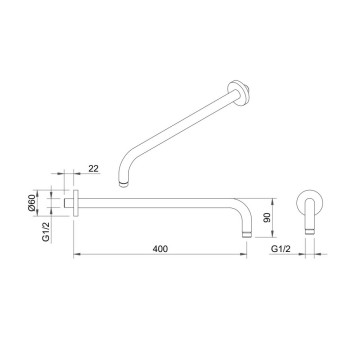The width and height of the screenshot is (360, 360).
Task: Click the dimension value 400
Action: pyautogui.click(x=160, y=249)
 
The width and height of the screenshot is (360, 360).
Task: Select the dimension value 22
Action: pyautogui.click(x=94, y=169)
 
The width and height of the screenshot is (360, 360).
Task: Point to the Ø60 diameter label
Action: pyautogui.click(x=32, y=203)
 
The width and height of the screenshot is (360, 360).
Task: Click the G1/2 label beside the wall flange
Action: pyautogui.click(x=46, y=232)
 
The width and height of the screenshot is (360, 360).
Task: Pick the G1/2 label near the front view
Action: pyautogui.click(x=281, y=249)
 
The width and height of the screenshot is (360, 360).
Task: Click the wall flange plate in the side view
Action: pyautogui.click(x=76, y=203)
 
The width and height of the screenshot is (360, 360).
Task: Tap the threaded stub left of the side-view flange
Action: pyautogui.click(x=68, y=203)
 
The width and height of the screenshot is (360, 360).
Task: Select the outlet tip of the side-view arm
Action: pyautogui.click(x=247, y=234)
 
